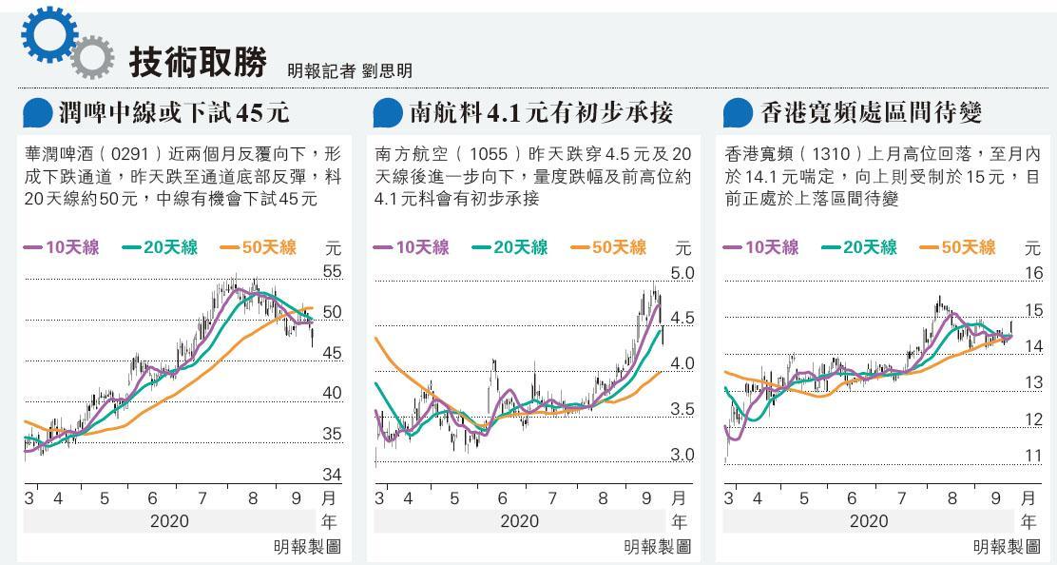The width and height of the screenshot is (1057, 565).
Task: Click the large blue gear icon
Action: (x=48, y=36)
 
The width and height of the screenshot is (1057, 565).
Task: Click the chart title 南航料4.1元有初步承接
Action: (x=540, y=113)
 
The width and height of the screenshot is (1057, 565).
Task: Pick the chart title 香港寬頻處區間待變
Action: (x=872, y=113)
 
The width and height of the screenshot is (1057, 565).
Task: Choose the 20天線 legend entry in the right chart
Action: (x=861, y=247)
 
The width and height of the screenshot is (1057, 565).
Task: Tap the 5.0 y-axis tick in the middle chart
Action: (x=682, y=274)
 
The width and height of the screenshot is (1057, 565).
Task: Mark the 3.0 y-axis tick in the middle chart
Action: (x=682, y=455)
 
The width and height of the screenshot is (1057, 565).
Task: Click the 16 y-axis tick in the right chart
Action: (x=1033, y=274)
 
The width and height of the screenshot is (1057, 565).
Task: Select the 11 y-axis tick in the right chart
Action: (x=1033, y=456)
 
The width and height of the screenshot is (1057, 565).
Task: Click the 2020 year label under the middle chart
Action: (x=519, y=521)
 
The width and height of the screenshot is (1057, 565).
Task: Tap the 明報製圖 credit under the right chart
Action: (x=1006, y=547)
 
